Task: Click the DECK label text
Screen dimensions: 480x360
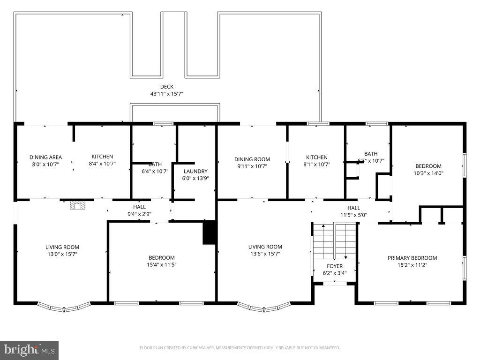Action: (x=166, y=87)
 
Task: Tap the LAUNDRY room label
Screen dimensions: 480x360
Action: (x=195, y=172)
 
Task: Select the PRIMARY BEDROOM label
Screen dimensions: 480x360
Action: (x=412, y=258)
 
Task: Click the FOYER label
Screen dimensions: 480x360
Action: (x=335, y=266)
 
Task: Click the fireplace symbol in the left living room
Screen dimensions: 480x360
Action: (x=77, y=205)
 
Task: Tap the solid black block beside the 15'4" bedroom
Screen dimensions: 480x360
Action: (x=209, y=232)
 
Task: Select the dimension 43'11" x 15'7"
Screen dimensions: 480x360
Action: (x=166, y=94)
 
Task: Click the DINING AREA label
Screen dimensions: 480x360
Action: (x=45, y=157)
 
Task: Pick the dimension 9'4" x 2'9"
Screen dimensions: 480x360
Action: (x=139, y=214)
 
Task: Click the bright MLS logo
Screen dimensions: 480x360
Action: (x=29, y=350)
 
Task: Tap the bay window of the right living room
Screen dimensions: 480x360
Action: (x=264, y=307)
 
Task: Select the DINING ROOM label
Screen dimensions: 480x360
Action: (x=252, y=159)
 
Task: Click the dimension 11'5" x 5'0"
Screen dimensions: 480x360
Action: (x=353, y=215)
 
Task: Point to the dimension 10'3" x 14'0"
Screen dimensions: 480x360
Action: (x=428, y=173)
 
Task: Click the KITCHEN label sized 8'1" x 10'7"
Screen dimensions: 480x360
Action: (x=317, y=157)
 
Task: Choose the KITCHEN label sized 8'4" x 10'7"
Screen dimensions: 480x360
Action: (x=102, y=157)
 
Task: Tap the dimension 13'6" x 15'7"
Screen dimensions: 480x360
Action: (x=265, y=254)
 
